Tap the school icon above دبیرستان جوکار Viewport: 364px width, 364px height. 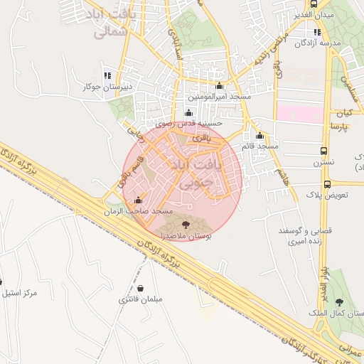[107, 75]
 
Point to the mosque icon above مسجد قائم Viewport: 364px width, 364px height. [259, 135]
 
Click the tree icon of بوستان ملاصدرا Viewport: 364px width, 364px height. [186, 224]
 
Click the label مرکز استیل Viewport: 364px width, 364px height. [19, 293]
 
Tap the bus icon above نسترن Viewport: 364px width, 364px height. [324, 151]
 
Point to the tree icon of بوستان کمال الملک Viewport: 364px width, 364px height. [338, 301]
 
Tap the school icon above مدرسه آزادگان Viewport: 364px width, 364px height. [317, 31]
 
